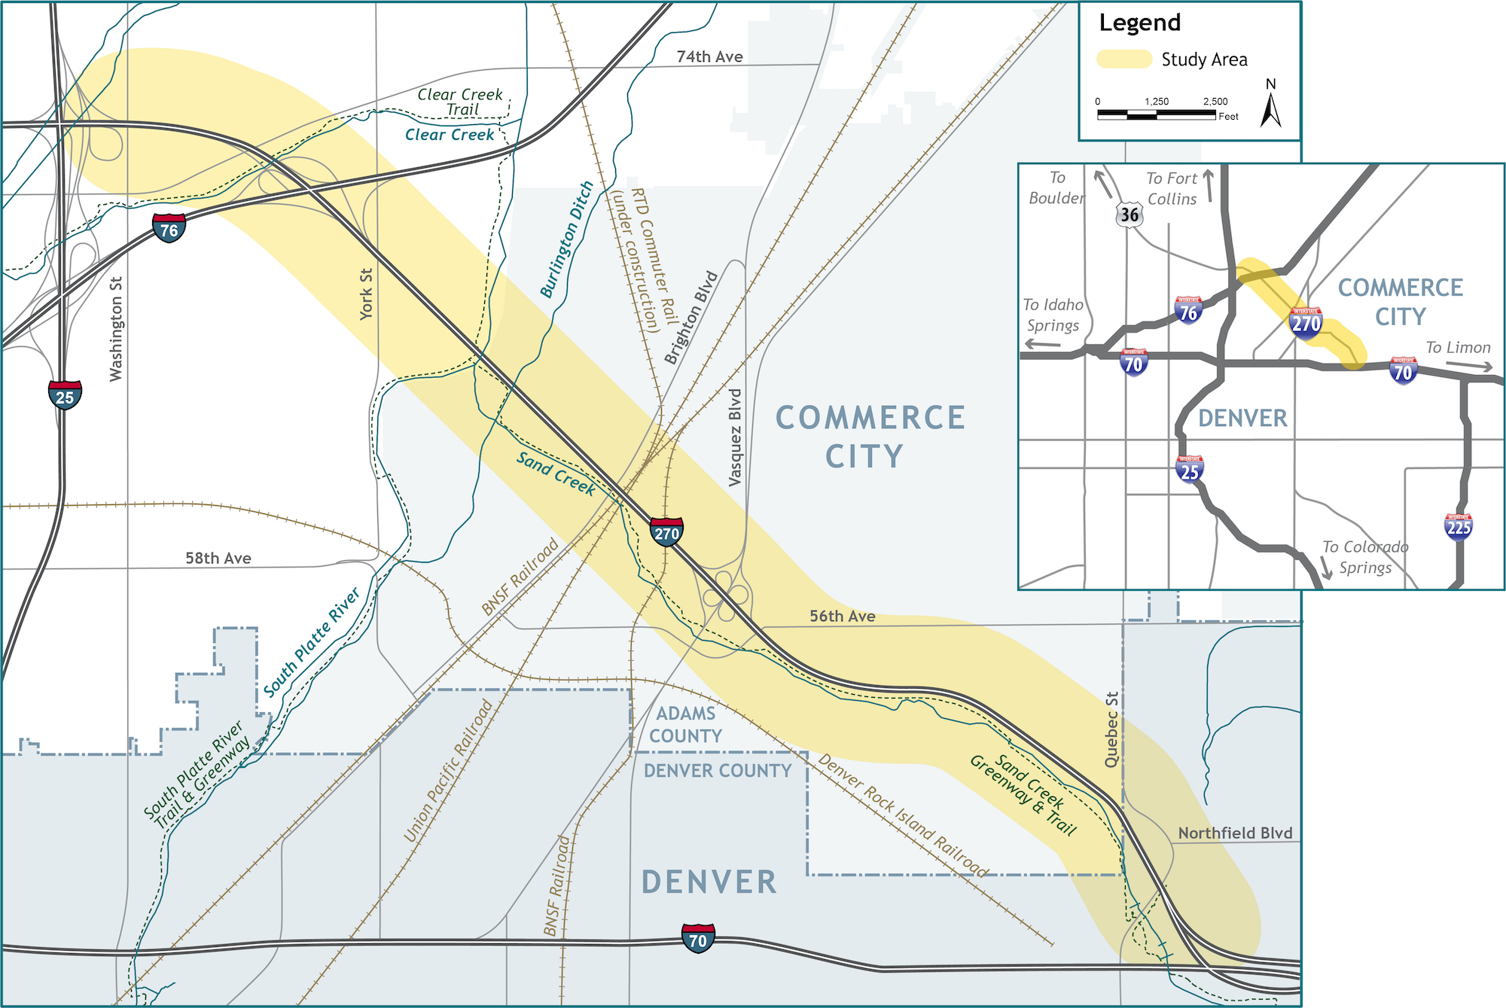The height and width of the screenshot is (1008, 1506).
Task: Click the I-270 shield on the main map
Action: [666, 532]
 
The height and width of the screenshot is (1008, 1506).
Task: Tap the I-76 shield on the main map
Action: [169, 228]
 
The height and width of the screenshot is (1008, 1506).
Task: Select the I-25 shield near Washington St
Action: [65, 395]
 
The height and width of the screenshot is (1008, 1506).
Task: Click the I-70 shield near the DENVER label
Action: [698, 939]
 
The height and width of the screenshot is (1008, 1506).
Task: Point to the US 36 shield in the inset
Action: [1129, 215]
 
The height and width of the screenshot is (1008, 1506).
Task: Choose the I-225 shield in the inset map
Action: [1459, 526]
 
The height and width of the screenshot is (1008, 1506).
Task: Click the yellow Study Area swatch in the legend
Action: [1123, 59]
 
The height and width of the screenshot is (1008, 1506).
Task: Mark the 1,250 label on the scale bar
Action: [1157, 102]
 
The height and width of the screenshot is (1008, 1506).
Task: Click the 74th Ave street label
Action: [709, 57]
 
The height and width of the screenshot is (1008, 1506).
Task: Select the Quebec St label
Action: [1111, 729]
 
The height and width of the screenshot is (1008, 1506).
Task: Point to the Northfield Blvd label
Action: [1235, 833]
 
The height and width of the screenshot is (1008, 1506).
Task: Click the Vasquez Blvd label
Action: [736, 437]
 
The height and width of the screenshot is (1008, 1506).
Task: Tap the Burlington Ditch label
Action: [567, 239]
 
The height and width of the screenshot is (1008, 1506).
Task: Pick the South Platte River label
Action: [312, 642]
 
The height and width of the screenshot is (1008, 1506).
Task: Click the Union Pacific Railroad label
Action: [448, 771]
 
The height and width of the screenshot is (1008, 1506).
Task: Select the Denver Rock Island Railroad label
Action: [903, 815]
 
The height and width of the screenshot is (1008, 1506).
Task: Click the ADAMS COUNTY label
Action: [685, 724]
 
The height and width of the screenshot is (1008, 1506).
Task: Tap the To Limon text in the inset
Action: [1458, 348]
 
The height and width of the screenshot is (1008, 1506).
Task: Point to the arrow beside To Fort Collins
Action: [1209, 185]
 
